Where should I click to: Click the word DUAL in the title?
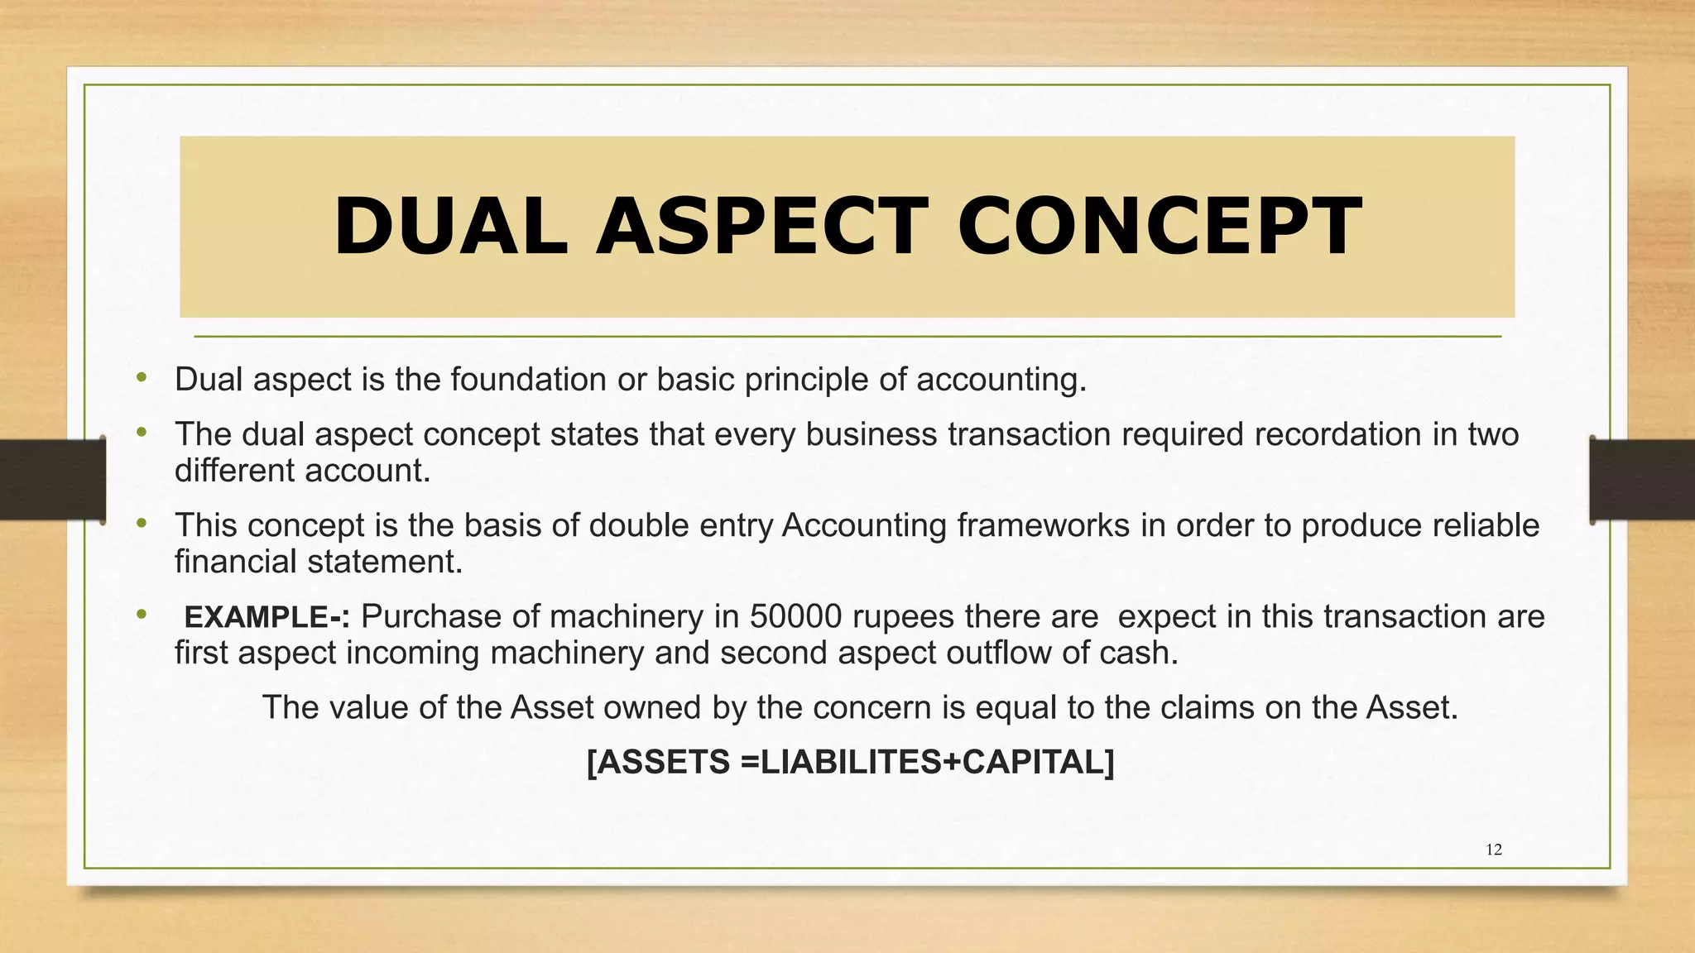pyautogui.click(x=450, y=227)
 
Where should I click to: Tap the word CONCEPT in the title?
pyautogui.click(x=1159, y=227)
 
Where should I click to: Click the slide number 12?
pyautogui.click(x=1494, y=850)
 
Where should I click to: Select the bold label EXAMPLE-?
pyautogui.click(x=266, y=617)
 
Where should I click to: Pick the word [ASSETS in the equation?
pyautogui.click(x=658, y=762)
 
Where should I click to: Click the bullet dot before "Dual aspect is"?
pyautogui.click(x=142, y=378)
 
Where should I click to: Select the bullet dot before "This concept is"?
pyautogui.click(x=142, y=524)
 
